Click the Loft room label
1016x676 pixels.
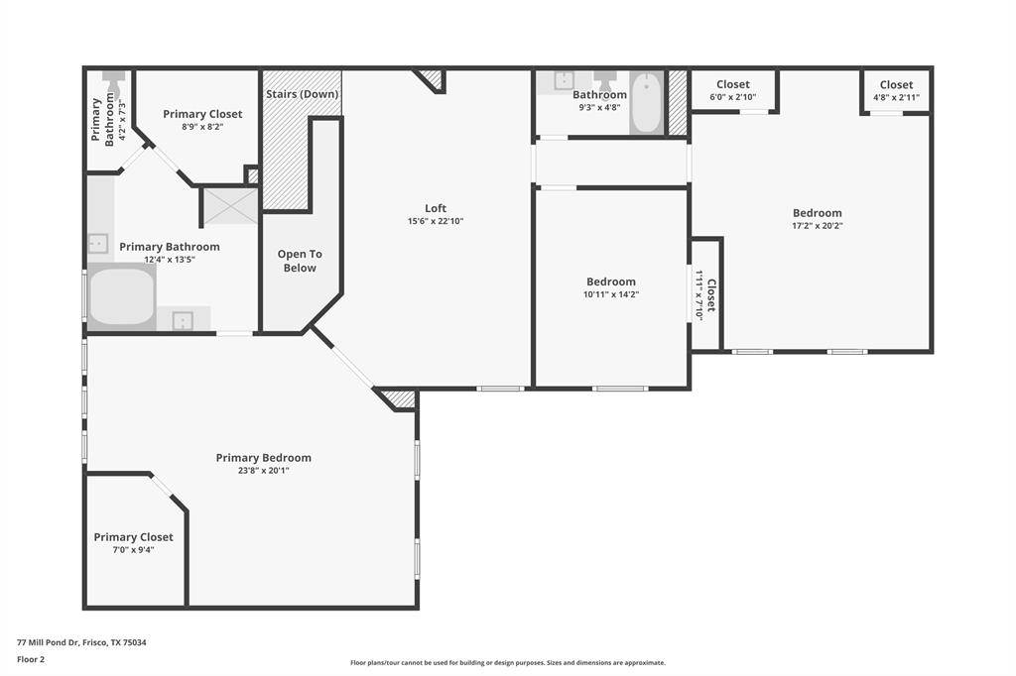coord(436,208)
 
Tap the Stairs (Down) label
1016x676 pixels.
coord(302,94)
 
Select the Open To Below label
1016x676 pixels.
coord(300,261)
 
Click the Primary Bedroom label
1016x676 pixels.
coord(264,458)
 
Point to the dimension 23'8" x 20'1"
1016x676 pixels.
coord(264,471)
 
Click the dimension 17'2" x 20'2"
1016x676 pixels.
coord(818,226)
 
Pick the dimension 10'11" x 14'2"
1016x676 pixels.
coord(611,294)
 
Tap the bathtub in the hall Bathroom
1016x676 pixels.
coord(646,103)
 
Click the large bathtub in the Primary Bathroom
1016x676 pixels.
coord(122,296)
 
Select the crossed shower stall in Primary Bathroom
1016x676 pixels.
coord(230,206)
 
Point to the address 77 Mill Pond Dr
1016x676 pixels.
coord(48,643)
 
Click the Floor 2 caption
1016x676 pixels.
coord(31,660)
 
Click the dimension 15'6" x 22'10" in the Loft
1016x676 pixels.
coord(436,221)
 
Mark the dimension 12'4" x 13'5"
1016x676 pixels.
coord(170,260)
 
